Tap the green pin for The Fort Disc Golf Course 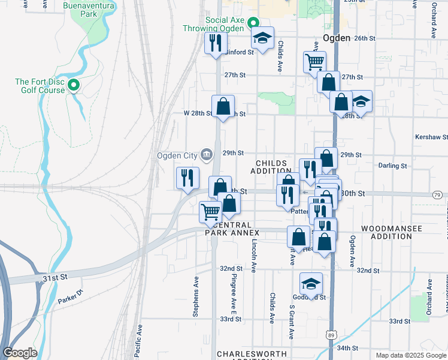point(74,85)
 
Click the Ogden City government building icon point(206,155)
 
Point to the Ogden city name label point(336,37)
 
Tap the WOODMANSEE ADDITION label point(392,233)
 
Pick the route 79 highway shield point(437,195)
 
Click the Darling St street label point(393,165)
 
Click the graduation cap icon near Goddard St point(311,283)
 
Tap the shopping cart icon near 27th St point(314,61)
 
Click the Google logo point(20,352)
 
